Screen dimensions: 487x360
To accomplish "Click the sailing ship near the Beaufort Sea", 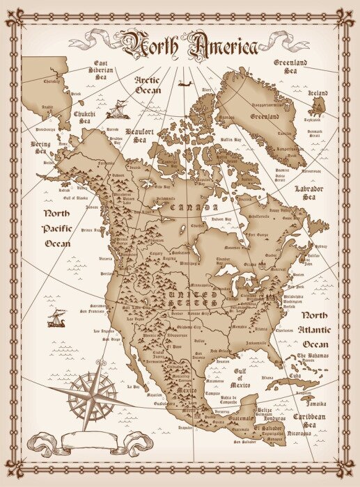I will tap(120, 109).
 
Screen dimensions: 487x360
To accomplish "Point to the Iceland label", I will tap(318, 93).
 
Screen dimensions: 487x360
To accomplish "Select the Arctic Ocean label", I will tap(147, 84).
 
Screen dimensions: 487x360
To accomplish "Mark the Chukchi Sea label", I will tap(85, 116).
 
